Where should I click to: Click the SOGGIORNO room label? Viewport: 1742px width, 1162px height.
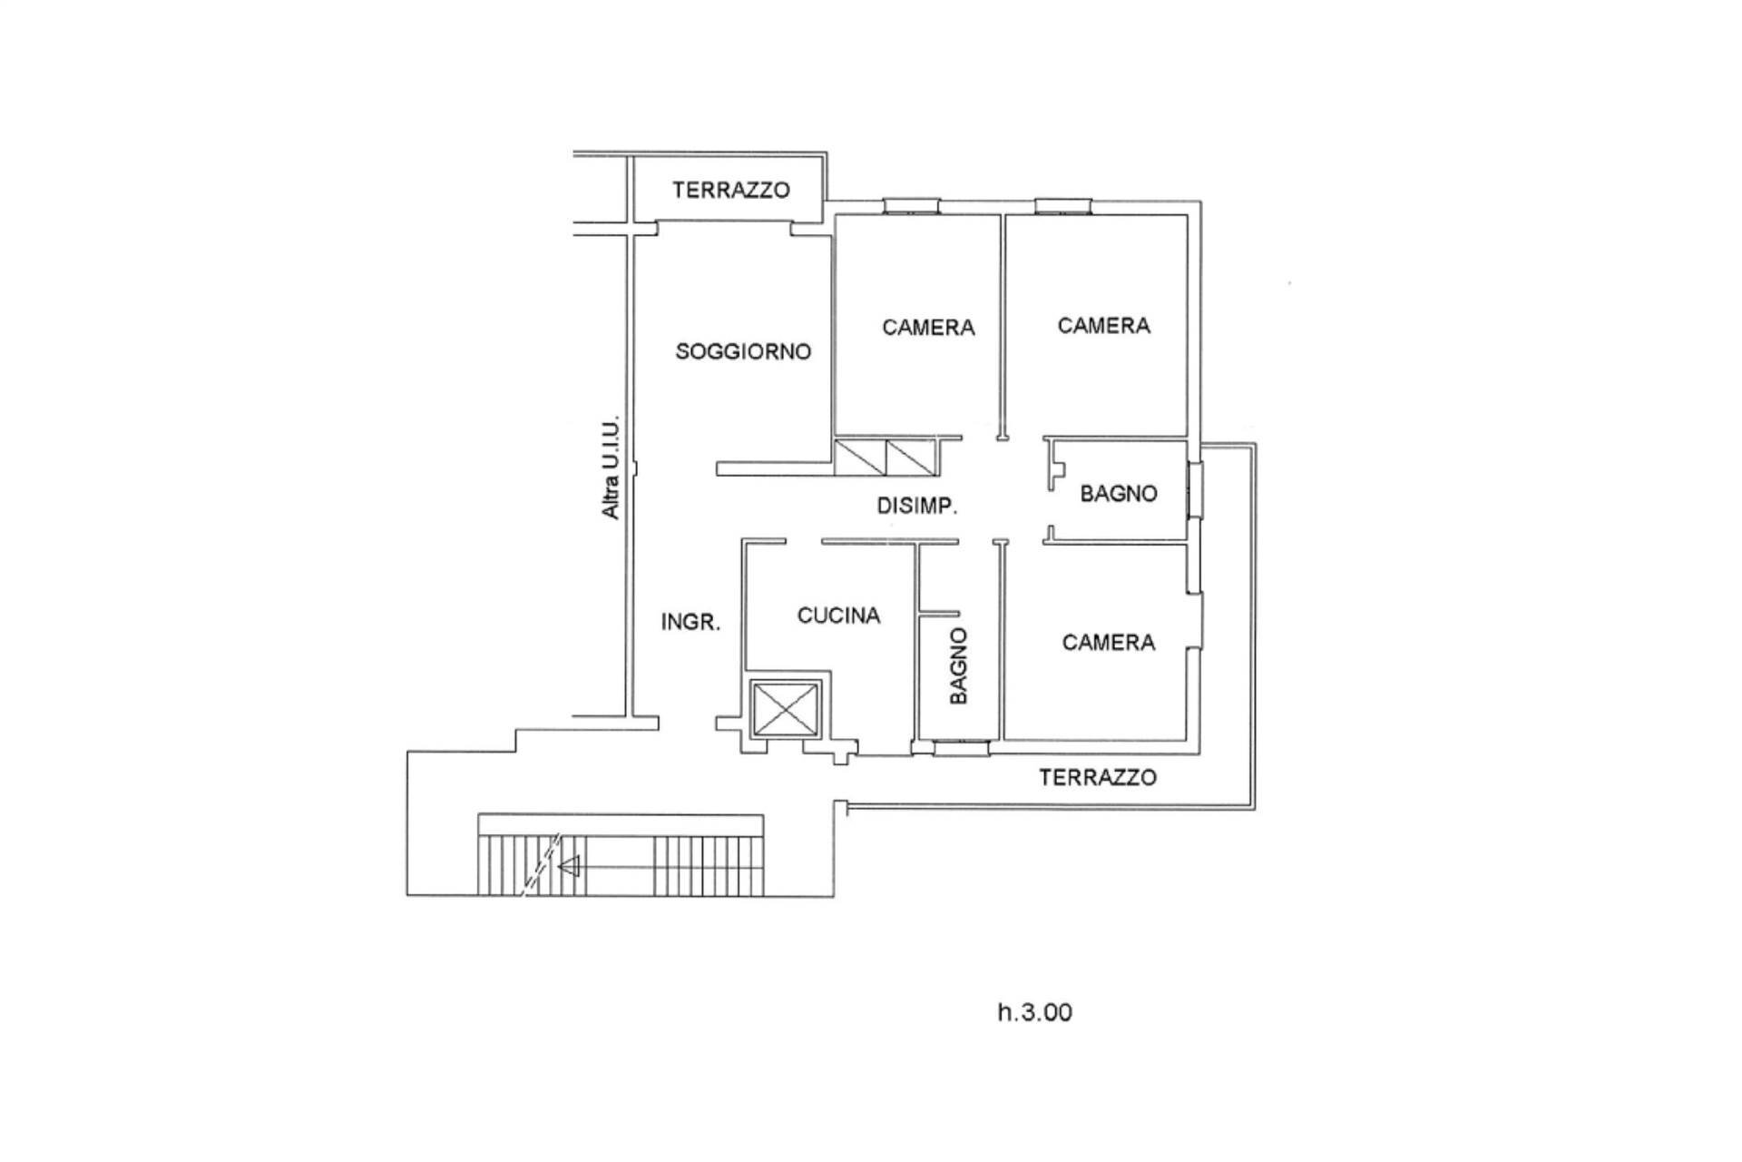tap(743, 351)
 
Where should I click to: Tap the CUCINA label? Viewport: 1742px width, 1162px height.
tap(838, 615)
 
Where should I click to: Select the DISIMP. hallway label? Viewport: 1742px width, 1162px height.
tap(916, 506)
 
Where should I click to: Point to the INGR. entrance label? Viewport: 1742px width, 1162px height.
tap(690, 622)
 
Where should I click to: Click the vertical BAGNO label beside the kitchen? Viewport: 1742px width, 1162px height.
tap(958, 665)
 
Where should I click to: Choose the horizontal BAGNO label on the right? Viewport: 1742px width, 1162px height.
tap(1118, 494)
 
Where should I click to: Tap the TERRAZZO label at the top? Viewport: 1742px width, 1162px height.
tap(730, 190)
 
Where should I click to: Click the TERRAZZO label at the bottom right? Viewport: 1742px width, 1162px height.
tap(1097, 777)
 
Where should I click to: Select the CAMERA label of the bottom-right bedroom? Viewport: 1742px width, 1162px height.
tap(1108, 643)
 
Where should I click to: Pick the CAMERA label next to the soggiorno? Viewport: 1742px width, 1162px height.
tap(928, 327)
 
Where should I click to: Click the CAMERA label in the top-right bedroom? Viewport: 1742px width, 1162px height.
tap(1103, 325)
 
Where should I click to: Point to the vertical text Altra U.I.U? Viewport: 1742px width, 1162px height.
tap(612, 468)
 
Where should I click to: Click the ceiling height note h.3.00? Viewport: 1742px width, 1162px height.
tap(1034, 1012)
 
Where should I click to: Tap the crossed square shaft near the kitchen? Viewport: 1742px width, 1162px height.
tap(786, 709)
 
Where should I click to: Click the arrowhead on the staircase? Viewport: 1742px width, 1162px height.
tap(569, 867)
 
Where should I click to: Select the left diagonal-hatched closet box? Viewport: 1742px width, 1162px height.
tap(860, 457)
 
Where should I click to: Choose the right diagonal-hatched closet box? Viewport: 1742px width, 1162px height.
tap(912, 457)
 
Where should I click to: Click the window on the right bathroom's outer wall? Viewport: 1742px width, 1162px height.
tap(1195, 491)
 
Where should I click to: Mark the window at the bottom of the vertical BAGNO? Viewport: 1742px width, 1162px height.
tap(961, 748)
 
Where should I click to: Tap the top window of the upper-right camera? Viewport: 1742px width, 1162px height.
tap(1063, 207)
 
